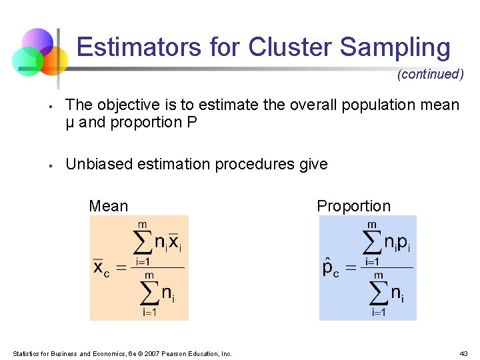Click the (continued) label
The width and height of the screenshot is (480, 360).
(x=430, y=74)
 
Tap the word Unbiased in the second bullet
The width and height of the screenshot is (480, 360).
(x=95, y=164)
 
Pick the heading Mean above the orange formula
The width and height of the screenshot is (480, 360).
(x=108, y=206)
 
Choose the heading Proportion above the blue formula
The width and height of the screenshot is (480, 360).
(x=353, y=206)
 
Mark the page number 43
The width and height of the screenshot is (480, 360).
(x=464, y=353)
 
